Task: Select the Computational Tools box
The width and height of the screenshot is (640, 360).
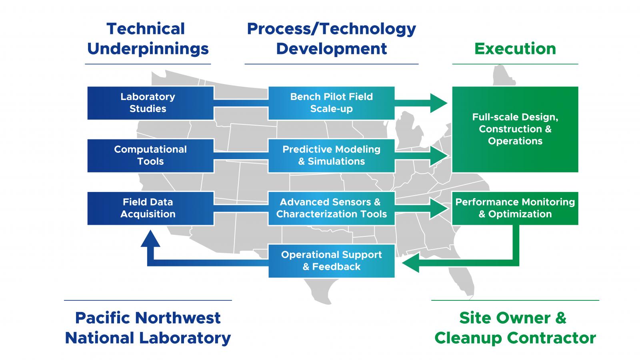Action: [x=150, y=156]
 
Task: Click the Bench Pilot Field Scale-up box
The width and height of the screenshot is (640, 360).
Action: [x=331, y=103]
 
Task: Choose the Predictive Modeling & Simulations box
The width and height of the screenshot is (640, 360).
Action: [x=331, y=156]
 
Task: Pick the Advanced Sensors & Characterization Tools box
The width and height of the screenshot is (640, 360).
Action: [x=331, y=208]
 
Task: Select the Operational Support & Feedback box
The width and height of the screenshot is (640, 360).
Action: [x=331, y=261]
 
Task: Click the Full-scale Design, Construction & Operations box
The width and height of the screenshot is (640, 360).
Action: [x=515, y=129]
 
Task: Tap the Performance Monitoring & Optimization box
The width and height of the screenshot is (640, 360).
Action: [x=515, y=208]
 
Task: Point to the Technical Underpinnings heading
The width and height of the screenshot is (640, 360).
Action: [x=148, y=39]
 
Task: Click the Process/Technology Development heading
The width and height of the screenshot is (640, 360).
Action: [x=331, y=39]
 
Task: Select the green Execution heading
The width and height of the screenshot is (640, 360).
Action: [x=515, y=49]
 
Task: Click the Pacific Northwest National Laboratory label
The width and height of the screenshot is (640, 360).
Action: [x=148, y=328]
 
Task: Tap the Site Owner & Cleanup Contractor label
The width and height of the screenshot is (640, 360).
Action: [x=515, y=328]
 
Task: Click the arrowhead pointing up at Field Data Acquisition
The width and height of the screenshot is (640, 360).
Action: [x=150, y=239]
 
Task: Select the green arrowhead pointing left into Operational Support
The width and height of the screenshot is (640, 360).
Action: [x=411, y=262]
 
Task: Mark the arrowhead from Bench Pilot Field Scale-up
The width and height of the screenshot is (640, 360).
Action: [x=438, y=103]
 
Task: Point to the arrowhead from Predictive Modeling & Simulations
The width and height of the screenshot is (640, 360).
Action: [x=438, y=156]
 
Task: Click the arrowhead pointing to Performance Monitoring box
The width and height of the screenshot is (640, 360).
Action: [x=438, y=208]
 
